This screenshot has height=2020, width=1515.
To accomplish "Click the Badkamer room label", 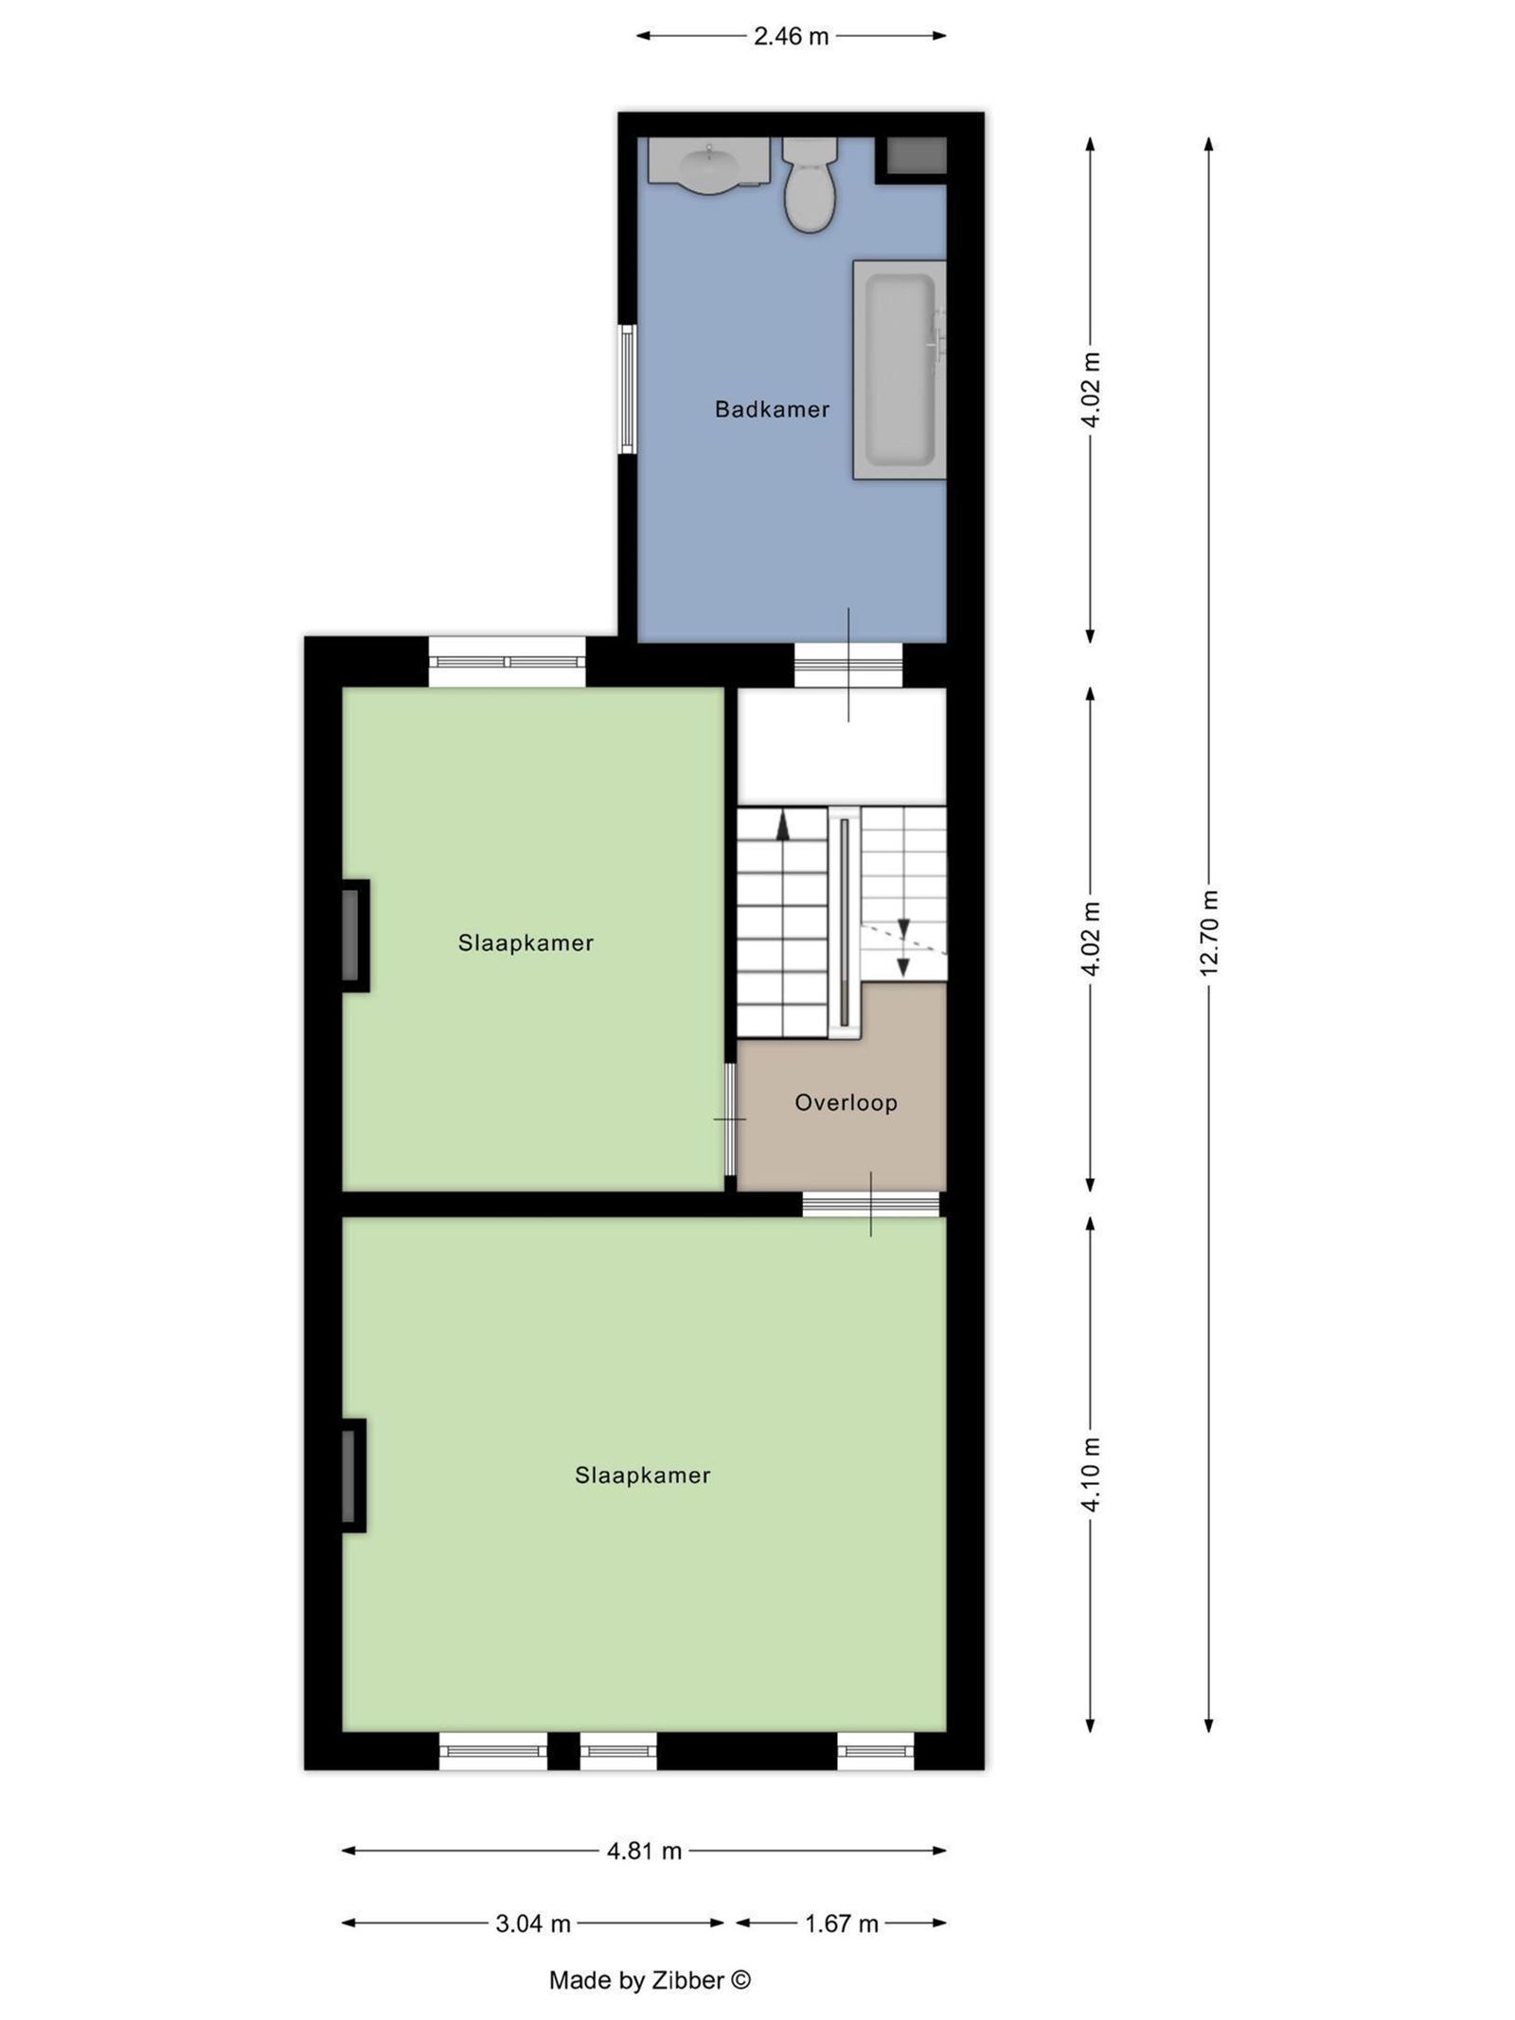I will click(x=772, y=409).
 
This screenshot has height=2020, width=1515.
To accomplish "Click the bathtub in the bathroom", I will click(x=900, y=369).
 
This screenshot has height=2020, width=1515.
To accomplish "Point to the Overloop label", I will click(x=846, y=1102).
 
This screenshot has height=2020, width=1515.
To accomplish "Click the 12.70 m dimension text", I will click(x=1208, y=933).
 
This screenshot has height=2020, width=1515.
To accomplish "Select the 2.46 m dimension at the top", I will click(x=791, y=37).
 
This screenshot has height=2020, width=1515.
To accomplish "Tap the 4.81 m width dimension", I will click(x=644, y=1850).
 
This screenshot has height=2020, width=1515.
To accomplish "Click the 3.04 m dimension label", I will click(x=533, y=1923).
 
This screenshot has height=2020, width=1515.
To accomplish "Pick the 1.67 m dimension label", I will click(x=841, y=1923).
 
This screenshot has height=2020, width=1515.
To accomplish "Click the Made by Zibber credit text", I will click(x=650, y=1979).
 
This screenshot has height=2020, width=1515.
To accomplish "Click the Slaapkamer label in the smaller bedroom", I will click(x=526, y=943).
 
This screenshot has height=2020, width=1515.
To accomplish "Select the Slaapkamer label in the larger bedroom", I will click(x=642, y=1475).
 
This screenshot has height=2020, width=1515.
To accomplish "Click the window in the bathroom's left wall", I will click(x=627, y=389).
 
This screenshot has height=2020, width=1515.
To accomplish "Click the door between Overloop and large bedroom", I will click(x=870, y=1204).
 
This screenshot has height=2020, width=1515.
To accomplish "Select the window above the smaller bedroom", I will click(x=507, y=661).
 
